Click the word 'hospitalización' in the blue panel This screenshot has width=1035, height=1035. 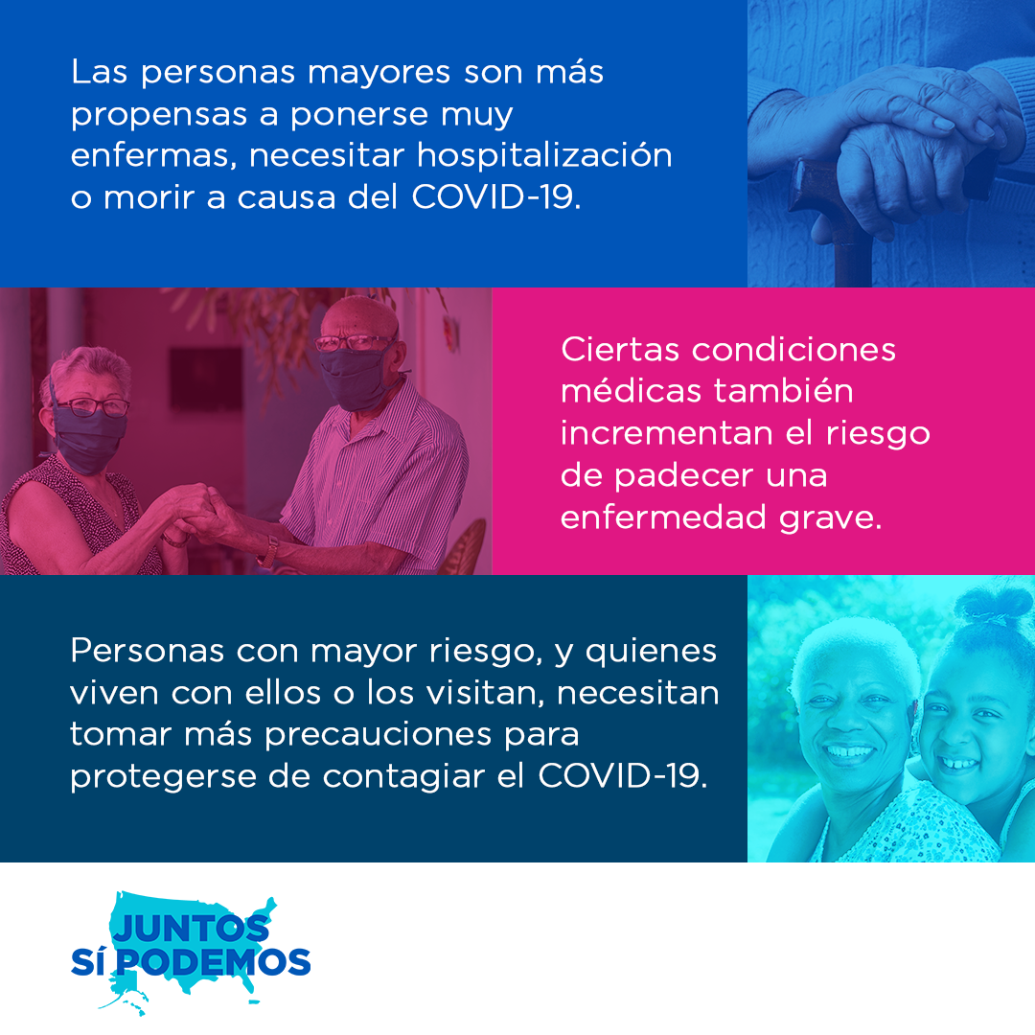tap(544, 156)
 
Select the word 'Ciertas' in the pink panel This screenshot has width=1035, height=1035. tap(620, 349)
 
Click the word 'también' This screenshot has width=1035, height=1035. tap(784, 390)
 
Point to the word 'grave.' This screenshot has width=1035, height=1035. tap(830, 518)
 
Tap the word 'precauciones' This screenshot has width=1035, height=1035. tap(379, 735)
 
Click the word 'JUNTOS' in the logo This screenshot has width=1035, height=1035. tap(192, 928)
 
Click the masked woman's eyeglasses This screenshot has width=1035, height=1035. tap(92, 406)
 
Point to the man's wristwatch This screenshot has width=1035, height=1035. tap(268, 551)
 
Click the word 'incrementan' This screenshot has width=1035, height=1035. tap(667, 433)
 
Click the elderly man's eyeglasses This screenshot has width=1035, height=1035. tap(353, 342)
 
